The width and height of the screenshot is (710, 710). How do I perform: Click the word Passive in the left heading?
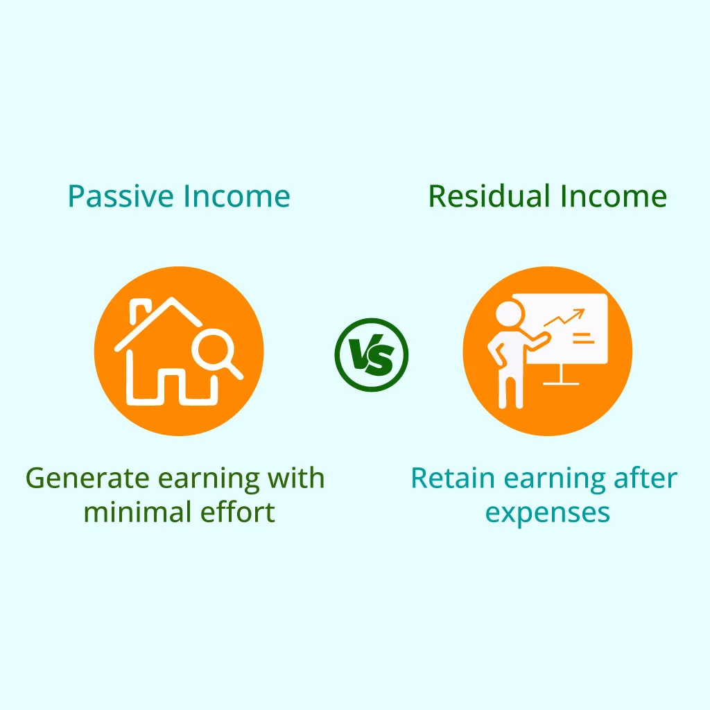coord(121,196)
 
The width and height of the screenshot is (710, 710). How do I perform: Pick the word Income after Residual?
coord(614,196)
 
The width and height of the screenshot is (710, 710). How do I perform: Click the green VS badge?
coord(372,354)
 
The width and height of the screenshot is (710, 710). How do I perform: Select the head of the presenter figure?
coord(510,313)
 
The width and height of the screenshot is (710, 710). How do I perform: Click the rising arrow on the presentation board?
coord(564,318)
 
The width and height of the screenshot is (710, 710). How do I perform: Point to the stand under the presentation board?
coord(561,374)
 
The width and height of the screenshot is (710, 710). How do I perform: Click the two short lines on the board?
coord(583,338)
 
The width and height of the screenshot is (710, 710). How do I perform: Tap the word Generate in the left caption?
coord(87,478)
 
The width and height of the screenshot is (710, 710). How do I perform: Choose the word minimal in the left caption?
coord(137,512)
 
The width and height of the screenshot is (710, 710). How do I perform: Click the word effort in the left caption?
coord(238,512)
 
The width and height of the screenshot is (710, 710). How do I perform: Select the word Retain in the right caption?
coord(453,478)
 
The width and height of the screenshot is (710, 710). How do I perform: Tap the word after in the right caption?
coord(646,478)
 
